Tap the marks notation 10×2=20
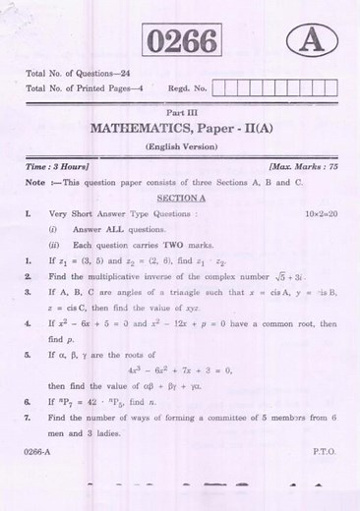tap(315, 211)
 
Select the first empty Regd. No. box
tap(218, 89)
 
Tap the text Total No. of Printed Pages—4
tap(88, 89)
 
